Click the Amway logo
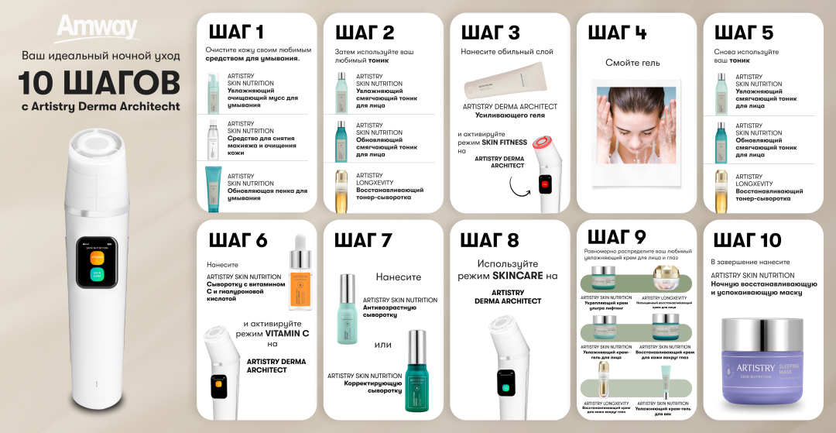(97, 29)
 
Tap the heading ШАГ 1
(236, 33)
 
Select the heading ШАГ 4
(617, 33)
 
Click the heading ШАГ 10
(747, 240)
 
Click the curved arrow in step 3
(520, 186)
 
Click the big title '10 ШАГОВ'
(98, 82)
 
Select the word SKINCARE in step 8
(519, 275)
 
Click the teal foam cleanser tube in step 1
(213, 187)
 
